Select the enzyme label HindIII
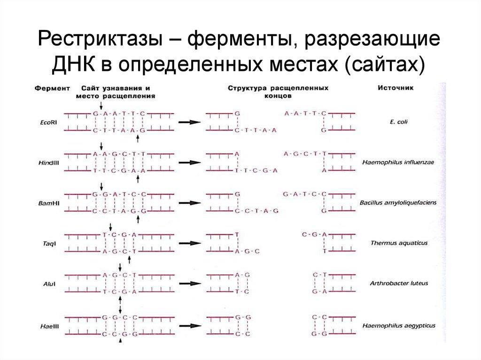pyautogui.click(x=48, y=162)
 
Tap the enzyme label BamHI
pyautogui.click(x=48, y=203)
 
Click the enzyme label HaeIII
pyautogui.click(x=48, y=325)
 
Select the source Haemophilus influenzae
pyautogui.click(x=398, y=162)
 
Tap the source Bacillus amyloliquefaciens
pyautogui.click(x=398, y=203)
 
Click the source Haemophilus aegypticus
pyautogui.click(x=398, y=325)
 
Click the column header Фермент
pyautogui.click(x=53, y=88)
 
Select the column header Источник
pyautogui.click(x=396, y=88)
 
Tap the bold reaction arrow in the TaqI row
pyautogui.click(x=187, y=244)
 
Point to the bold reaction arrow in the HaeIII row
pyautogui.click(x=187, y=325)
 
